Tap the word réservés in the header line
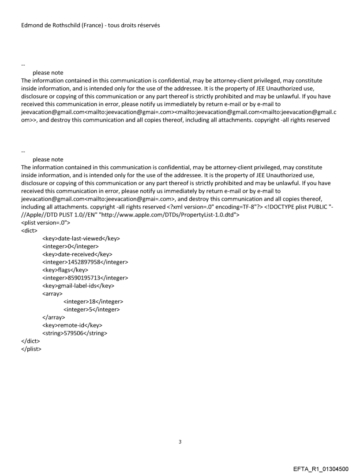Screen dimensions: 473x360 (x=147, y=25)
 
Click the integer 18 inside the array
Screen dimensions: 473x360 (x=93, y=302)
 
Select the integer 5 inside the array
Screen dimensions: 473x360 (x=91, y=309)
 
